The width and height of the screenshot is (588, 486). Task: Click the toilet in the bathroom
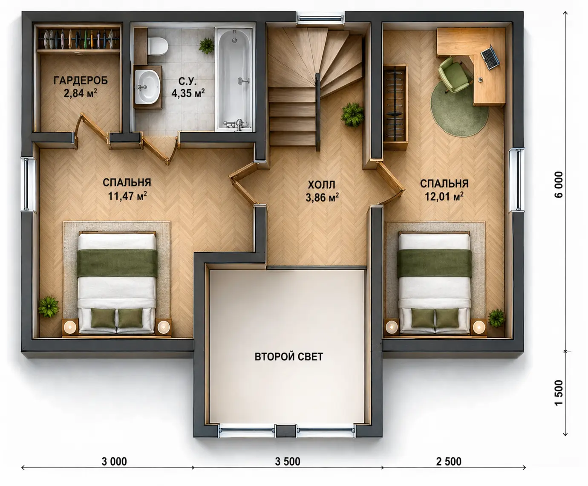click(158, 46)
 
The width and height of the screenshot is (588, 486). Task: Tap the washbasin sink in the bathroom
click(147, 87)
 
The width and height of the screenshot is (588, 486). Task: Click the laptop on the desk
click(490, 58)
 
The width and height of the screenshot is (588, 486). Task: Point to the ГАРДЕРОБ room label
click(81, 81)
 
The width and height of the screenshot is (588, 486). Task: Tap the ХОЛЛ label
click(322, 185)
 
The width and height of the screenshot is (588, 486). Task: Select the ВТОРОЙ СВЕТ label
click(288, 357)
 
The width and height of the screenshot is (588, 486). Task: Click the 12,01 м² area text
click(444, 197)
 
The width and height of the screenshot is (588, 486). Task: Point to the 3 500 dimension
click(288, 462)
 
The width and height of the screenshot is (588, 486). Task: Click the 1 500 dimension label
click(559, 393)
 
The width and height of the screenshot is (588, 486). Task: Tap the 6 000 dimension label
click(559, 185)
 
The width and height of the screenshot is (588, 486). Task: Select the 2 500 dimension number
click(449, 462)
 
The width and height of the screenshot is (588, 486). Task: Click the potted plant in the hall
click(352, 114)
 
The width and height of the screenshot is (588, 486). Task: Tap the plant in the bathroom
click(206, 46)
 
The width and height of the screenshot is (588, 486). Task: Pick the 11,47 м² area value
click(127, 196)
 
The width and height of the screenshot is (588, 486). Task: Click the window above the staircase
click(320, 18)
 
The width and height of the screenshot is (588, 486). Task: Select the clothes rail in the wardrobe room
click(78, 38)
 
